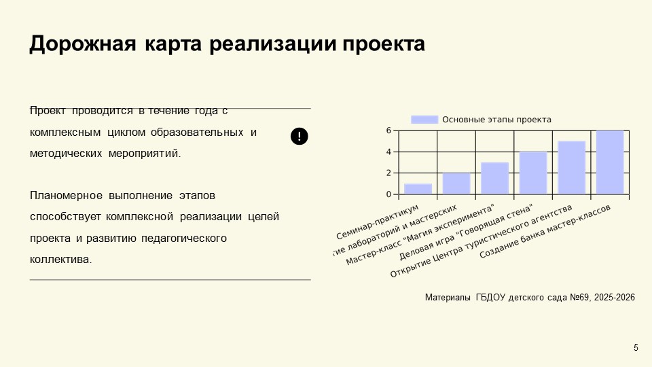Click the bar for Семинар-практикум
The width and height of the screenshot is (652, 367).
(x=418, y=189)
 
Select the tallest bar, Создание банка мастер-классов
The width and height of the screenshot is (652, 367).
(x=610, y=162)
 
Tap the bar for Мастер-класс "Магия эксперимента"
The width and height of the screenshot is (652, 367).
(x=494, y=178)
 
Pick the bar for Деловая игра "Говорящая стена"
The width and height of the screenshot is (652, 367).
(x=533, y=173)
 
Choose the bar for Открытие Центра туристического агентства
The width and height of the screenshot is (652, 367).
(x=571, y=167)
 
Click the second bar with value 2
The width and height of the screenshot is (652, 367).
(x=456, y=183)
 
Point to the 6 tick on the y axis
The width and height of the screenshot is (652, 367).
(x=389, y=130)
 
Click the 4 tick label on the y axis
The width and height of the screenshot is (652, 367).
(x=389, y=152)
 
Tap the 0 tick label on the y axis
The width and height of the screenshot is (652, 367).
(x=389, y=194)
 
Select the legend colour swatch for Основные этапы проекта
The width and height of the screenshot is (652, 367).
(x=424, y=120)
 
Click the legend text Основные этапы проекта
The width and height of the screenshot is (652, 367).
(x=496, y=120)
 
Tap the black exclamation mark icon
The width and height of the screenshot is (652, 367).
(x=300, y=136)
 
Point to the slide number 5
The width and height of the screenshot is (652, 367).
(x=636, y=348)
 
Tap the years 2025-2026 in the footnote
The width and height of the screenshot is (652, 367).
(x=614, y=298)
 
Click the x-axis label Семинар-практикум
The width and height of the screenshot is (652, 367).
(x=378, y=222)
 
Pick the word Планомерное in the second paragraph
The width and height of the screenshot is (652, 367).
(x=66, y=196)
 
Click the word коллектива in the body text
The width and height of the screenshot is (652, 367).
(x=60, y=260)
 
